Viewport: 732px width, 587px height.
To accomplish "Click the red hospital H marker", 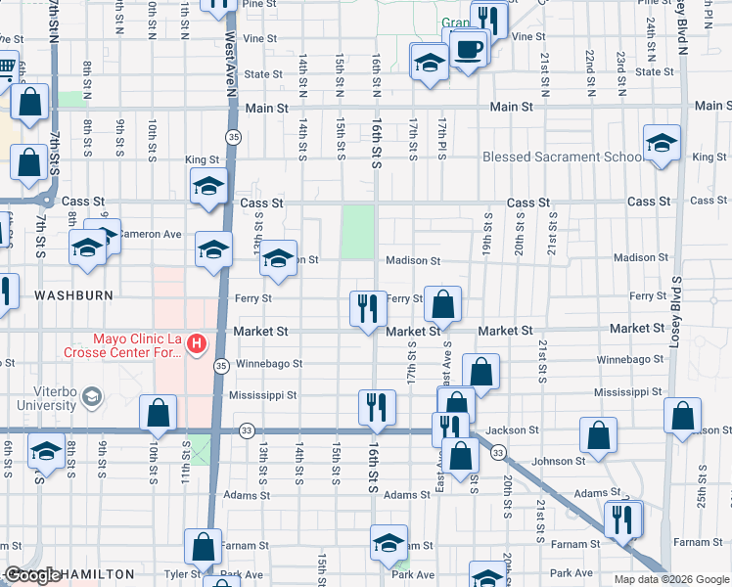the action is click(197, 343).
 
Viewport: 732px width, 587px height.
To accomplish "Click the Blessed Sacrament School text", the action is click(563, 158).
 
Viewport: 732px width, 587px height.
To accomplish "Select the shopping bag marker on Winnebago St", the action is click(480, 372).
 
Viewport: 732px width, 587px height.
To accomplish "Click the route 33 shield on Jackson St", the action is click(247, 429).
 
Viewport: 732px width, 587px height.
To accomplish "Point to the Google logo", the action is click(33, 575).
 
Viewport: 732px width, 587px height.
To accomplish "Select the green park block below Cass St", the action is click(359, 230).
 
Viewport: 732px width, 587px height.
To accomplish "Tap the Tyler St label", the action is click(183, 574).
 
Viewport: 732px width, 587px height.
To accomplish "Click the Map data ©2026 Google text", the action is click(671, 579).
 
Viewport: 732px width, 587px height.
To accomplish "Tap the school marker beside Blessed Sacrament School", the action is click(661, 144).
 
